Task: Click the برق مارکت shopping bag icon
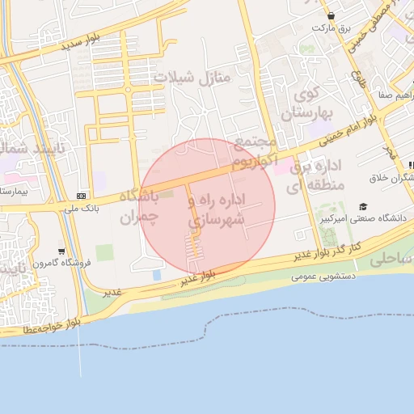click(x=331, y=15)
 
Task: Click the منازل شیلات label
click(x=192, y=78)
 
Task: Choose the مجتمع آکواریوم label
click(x=255, y=152)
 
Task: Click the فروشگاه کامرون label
click(x=63, y=263)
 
